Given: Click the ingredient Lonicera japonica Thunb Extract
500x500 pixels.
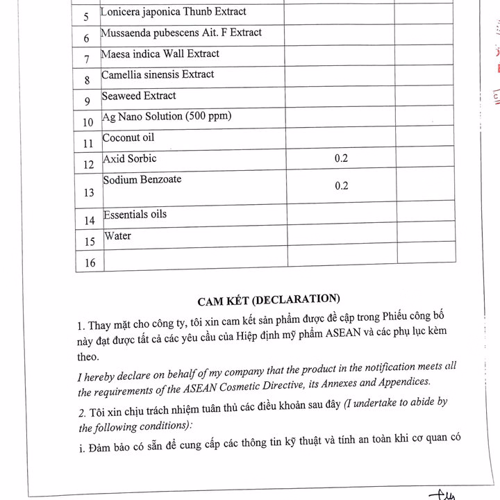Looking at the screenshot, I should tap(173, 12).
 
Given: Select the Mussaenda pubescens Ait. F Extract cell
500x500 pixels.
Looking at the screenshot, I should tap(181, 33).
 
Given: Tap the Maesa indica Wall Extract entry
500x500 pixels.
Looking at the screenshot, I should tap(160, 53).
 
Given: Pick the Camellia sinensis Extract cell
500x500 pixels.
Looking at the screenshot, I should tap(158, 74).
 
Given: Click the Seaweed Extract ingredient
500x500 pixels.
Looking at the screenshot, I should tap(140, 96).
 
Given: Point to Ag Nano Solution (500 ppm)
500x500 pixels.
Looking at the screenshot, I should tap(167, 117).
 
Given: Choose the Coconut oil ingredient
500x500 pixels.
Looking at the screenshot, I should tap(128, 137).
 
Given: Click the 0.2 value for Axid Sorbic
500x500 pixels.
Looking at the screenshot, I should tap(341, 158).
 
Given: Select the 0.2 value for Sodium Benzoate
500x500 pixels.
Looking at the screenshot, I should tap(341, 186).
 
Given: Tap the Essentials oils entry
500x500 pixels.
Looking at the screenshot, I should tap(135, 215).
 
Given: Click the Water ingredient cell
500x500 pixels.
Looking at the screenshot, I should tap(118, 236).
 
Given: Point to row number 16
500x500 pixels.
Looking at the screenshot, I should tap(90, 262).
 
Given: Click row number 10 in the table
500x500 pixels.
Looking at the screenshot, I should tap(88, 123).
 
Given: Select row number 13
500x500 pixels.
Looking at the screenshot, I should tap(89, 193).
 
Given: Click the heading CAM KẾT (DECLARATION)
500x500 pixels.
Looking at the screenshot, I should tap(269, 300).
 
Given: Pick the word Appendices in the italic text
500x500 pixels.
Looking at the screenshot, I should tap(406, 381).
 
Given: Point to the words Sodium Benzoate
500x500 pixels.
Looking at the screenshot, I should tap(142, 180).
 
